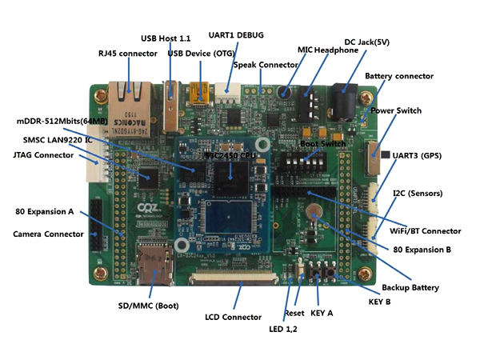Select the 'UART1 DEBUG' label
235,35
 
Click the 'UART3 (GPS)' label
424,154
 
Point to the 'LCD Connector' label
232,317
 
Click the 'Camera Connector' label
48,234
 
